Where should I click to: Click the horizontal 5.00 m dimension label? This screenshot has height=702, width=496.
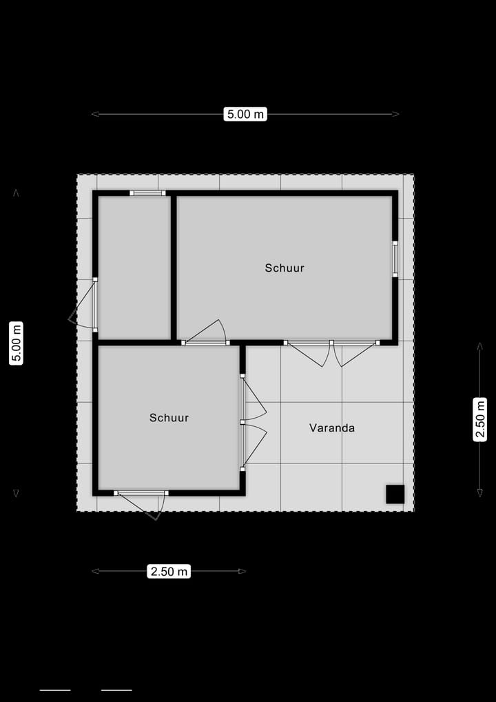[x=245, y=114]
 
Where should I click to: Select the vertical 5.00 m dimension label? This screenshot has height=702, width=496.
[x=17, y=343]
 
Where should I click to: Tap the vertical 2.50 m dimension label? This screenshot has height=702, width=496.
[x=480, y=419]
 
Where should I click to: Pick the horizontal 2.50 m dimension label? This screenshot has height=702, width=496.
[x=169, y=571]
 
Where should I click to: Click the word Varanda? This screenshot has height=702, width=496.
[x=332, y=428]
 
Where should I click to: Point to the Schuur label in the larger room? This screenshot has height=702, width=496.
[x=285, y=268]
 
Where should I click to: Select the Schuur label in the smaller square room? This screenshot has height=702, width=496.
[x=169, y=418]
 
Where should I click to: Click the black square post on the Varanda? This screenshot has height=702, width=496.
[x=395, y=494]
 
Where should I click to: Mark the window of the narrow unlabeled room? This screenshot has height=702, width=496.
[x=148, y=193]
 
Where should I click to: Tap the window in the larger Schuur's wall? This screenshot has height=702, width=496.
[x=395, y=259]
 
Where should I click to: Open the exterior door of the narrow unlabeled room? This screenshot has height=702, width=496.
[x=85, y=303]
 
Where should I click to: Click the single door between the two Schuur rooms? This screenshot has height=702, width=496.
[x=205, y=333]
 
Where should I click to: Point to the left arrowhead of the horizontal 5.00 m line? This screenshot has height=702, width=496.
[x=94, y=114]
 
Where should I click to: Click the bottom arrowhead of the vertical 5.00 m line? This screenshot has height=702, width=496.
[x=17, y=493]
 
